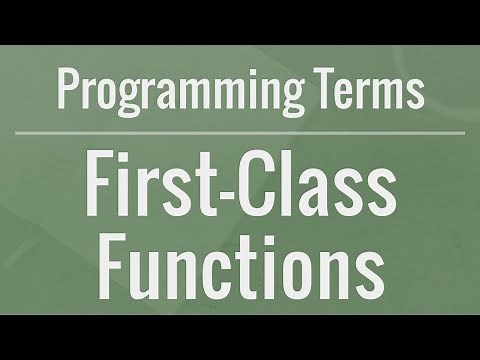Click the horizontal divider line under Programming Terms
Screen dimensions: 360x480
pyautogui.click(x=240, y=130)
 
